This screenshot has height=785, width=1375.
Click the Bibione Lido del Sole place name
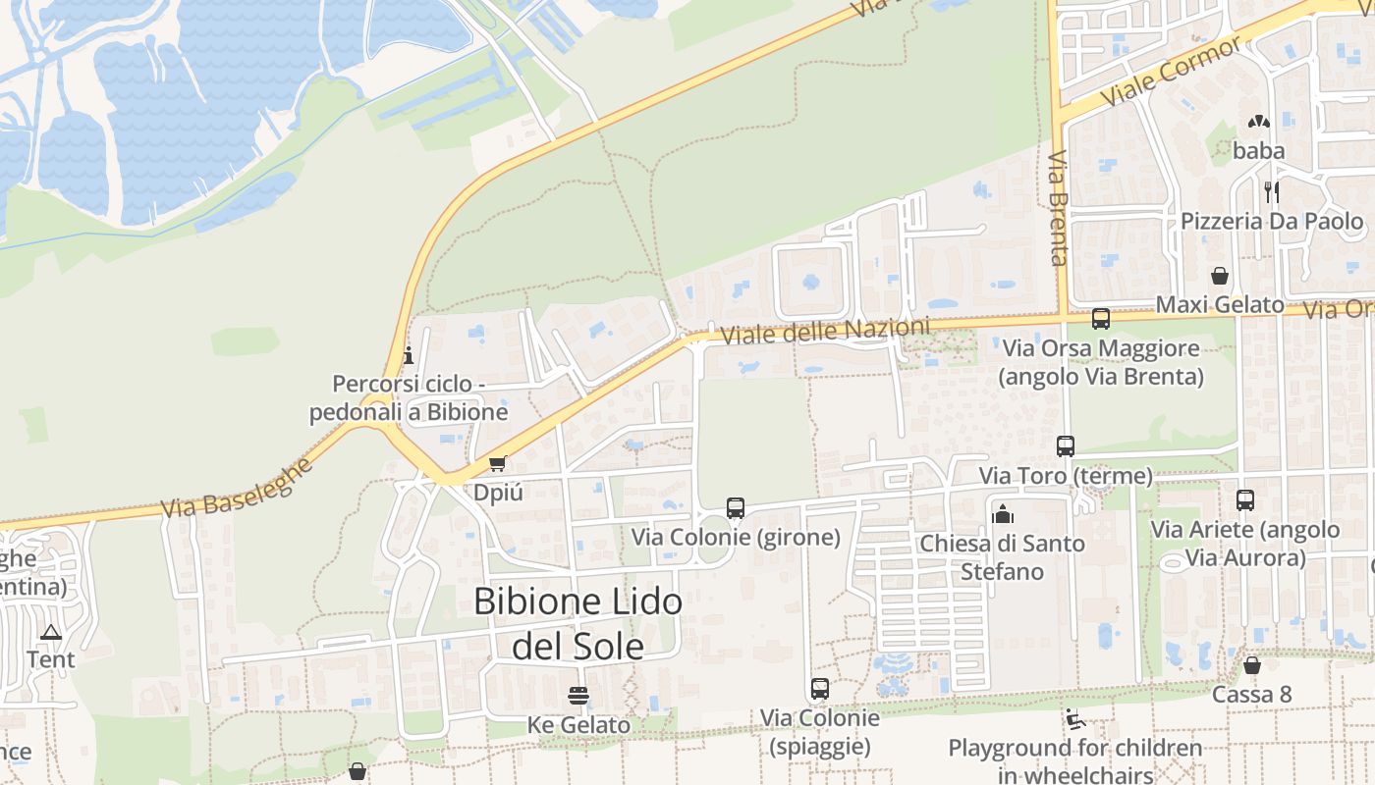tap(578, 623)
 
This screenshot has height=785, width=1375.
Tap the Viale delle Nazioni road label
tap(825, 331)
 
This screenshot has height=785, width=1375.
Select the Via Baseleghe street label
tap(236, 488)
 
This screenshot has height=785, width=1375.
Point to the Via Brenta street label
tap(1058, 208)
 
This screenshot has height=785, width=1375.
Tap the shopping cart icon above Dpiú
tap(497, 463)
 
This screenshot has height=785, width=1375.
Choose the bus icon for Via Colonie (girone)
tap(736, 508)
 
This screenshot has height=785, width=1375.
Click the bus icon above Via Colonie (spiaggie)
tap(820, 689)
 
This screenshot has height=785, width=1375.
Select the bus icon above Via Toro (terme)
tap(1066, 446)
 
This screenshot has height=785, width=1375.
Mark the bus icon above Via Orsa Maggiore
tap(1101, 319)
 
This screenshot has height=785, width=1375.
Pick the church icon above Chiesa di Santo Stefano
tap(1003, 513)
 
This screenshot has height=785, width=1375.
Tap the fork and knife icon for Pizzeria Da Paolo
tap(1271, 191)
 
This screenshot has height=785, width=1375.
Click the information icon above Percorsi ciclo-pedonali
tap(409, 354)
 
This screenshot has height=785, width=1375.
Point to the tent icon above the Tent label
tap(51, 631)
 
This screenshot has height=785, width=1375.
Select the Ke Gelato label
tap(578, 725)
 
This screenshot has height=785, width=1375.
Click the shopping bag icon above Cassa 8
tap(1252, 665)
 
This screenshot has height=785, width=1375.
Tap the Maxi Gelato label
tap(1219, 305)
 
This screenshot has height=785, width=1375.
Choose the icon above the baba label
tap(1258, 122)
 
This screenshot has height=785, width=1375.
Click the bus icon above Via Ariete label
tap(1245, 500)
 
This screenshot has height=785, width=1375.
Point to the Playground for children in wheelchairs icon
tap(1075, 721)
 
